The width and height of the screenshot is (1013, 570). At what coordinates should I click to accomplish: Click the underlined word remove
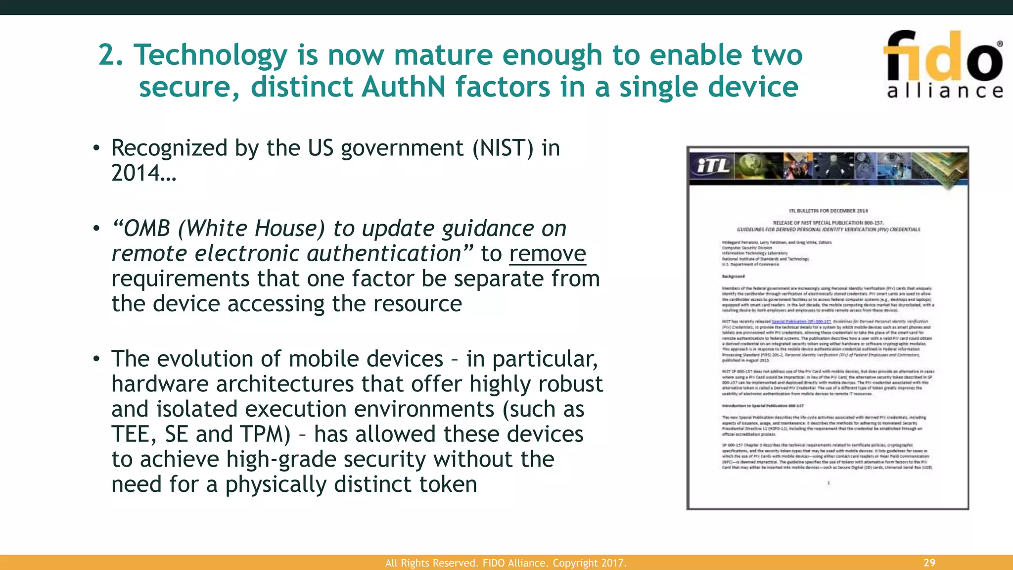pyautogui.click(x=548, y=254)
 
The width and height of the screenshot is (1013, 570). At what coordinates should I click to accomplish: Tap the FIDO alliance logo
pyautogui.click(x=943, y=64)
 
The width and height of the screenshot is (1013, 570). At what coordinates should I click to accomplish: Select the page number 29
pyautogui.click(x=929, y=563)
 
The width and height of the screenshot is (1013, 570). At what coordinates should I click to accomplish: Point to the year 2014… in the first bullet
pyautogui.click(x=143, y=173)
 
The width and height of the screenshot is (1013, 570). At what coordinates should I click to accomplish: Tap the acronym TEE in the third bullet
pyautogui.click(x=130, y=434)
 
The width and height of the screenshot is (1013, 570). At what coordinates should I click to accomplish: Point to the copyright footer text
pyautogui.click(x=506, y=563)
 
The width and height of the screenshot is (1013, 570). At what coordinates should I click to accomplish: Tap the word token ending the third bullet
pyautogui.click(x=448, y=484)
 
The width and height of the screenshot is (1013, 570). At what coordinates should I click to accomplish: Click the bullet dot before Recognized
pyautogui.click(x=96, y=148)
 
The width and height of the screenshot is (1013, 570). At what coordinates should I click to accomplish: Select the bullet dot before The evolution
pyautogui.click(x=96, y=359)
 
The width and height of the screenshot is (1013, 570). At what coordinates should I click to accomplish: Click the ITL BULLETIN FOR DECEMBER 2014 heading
pyautogui.click(x=828, y=211)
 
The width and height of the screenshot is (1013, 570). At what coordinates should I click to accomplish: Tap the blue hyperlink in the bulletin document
pyautogui.click(x=801, y=322)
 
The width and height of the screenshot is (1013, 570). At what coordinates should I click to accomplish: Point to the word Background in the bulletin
pyautogui.click(x=733, y=277)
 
